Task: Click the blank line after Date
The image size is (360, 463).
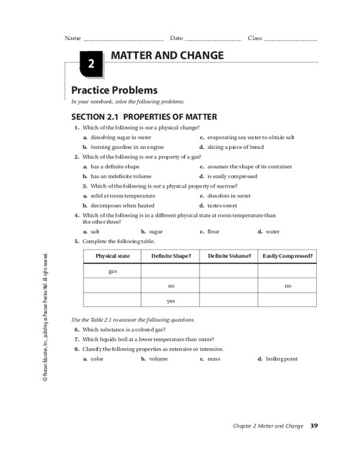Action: [x=214, y=39]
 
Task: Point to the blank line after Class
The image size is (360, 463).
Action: [x=291, y=39]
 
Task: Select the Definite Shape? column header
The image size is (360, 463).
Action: [x=170, y=255]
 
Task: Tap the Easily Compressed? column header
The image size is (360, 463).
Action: [x=287, y=255]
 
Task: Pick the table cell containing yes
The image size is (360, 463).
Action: [x=170, y=300]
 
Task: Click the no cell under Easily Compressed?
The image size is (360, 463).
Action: [x=287, y=286]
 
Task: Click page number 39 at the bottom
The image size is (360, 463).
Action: [x=314, y=426]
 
